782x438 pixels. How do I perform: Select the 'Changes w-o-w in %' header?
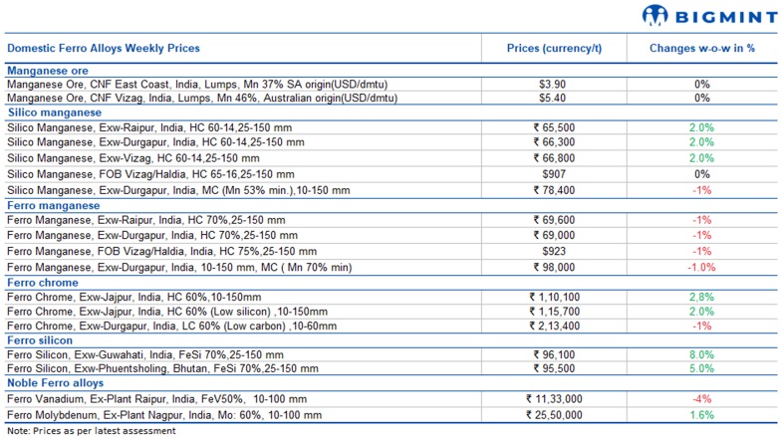point(702,48)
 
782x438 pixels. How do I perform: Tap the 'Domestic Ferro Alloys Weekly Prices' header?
point(104,48)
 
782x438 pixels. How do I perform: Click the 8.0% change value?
point(702,354)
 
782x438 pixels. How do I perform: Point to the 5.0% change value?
point(702,369)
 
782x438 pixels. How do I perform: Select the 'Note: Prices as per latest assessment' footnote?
point(91,431)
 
